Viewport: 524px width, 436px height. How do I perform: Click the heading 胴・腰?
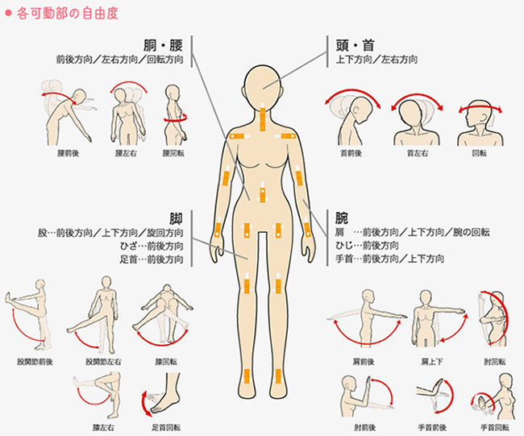(163, 45)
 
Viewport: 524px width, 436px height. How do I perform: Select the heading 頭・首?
(356, 45)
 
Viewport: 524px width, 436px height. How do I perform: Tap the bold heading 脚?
(176, 218)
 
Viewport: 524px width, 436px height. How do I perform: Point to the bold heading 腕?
(342, 218)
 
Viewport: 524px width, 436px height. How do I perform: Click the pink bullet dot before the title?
(8, 14)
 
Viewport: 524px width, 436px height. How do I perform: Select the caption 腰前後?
(69, 153)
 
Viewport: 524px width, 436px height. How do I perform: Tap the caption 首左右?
(417, 153)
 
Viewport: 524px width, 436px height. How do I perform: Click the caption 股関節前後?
(35, 362)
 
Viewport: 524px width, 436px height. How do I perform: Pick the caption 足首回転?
(166, 427)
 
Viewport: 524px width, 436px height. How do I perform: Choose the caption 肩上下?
(432, 362)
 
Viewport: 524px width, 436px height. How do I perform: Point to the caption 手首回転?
(495, 427)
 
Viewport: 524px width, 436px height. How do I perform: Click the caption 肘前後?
(365, 427)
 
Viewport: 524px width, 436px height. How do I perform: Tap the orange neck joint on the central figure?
(262, 118)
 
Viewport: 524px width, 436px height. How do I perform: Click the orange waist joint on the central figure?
(262, 193)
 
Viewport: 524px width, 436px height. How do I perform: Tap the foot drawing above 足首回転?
(164, 394)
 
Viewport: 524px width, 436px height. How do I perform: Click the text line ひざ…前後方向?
(152, 246)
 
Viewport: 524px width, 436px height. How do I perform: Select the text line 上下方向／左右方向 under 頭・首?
(376, 60)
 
